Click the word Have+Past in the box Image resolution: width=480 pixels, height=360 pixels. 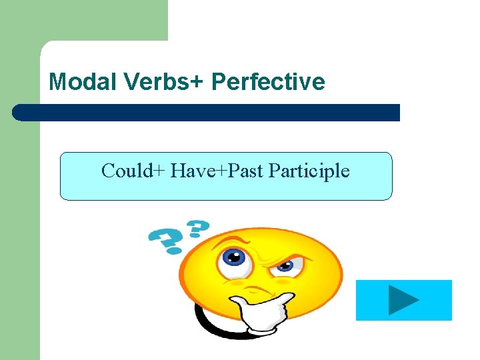(217, 171)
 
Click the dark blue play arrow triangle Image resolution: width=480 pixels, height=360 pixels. (403, 301)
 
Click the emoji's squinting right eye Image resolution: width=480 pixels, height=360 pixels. (285, 267)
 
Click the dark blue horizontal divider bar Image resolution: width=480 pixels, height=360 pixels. (207, 113)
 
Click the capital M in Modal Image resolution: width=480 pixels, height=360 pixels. (58, 82)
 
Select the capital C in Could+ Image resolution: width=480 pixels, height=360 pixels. (108, 171)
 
